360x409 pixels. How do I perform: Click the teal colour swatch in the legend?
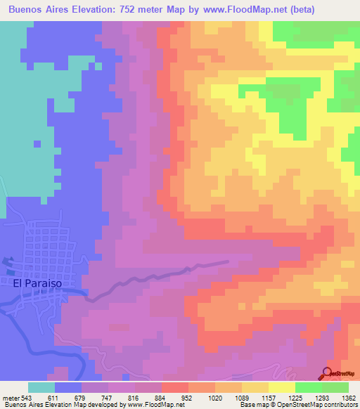[41, 387]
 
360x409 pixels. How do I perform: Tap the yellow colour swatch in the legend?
[282, 387]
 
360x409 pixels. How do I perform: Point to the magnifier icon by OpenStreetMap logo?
[328, 373]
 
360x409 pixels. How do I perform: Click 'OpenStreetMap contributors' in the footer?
[320, 405]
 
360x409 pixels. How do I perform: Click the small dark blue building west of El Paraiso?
[9, 265]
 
